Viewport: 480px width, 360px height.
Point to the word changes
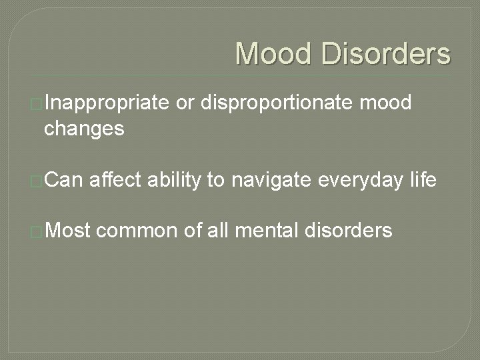84,128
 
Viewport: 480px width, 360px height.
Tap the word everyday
351,179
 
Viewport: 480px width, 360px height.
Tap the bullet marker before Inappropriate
37,104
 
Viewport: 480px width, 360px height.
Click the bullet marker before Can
37,180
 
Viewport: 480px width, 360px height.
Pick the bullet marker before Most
37,231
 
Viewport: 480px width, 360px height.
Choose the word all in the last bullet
219,231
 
